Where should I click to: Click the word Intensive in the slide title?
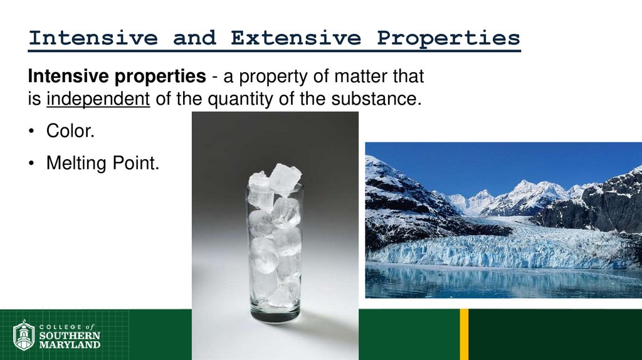pyautogui.click(x=93, y=38)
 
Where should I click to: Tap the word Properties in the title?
pyautogui.click(x=448, y=38)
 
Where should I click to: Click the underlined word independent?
pyautogui.click(x=98, y=99)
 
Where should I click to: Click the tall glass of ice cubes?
pyautogui.click(x=275, y=251)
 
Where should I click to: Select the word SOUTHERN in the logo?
pyautogui.click(x=69, y=336)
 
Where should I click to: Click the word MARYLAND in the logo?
pyautogui.click(x=69, y=345)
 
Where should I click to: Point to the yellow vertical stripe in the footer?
pyautogui.click(x=464, y=334)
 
